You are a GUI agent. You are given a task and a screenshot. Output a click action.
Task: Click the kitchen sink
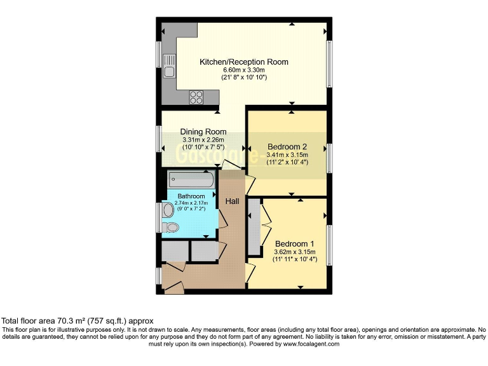(x=169, y=65)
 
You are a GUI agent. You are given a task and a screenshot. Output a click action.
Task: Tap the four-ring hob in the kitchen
(x=196, y=97)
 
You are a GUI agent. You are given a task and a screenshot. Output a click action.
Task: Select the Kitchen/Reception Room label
(x=244, y=62)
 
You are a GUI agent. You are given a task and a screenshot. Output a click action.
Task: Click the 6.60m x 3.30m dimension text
(x=244, y=70)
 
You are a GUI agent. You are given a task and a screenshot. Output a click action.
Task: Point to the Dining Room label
(x=203, y=132)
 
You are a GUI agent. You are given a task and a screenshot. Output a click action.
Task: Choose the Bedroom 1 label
(x=294, y=243)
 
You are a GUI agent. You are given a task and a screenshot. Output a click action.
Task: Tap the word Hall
(x=232, y=201)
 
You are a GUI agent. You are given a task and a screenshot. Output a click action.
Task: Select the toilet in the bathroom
(x=171, y=227)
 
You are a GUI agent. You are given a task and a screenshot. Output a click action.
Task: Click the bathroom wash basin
(x=168, y=210)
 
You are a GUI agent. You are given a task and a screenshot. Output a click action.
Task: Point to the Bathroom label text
(x=191, y=196)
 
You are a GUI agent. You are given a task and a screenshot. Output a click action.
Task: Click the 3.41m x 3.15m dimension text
(x=288, y=154)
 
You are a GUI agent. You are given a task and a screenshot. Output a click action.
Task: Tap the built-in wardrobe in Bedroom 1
(x=254, y=227)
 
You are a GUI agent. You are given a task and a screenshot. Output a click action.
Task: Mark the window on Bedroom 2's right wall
(x=329, y=158)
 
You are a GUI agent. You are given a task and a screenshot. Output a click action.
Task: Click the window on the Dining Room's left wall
(x=158, y=138)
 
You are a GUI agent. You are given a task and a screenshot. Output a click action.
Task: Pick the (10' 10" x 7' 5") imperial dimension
(x=203, y=147)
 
